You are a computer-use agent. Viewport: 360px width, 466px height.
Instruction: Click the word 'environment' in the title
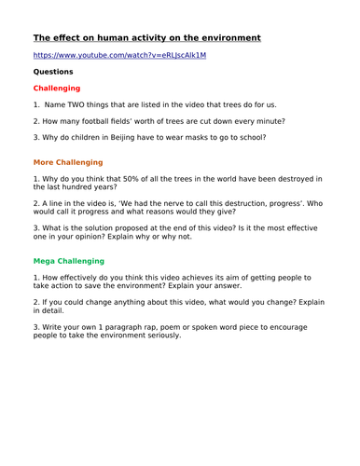(x=223, y=38)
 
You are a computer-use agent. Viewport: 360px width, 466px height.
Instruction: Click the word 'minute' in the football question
(x=269, y=121)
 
